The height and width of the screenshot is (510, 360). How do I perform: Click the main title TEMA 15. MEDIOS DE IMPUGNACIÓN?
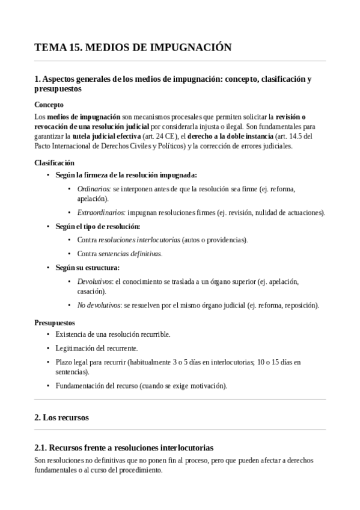pyautogui.click(x=133, y=48)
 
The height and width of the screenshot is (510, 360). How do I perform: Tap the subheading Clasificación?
pyautogui.click(x=54, y=162)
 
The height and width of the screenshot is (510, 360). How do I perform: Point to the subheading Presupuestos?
pyautogui.click(x=55, y=322)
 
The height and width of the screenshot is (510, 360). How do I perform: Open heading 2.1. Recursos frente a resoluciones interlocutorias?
pyautogui.click(x=124, y=448)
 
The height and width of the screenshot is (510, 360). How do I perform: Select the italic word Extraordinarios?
pyautogui.click(x=102, y=212)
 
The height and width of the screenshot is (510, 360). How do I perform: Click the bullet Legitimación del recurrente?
pyautogui.click(x=96, y=348)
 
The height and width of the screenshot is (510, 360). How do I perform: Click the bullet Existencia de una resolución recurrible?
pyautogui.click(x=112, y=334)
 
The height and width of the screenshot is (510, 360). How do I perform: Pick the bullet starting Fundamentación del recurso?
pyautogui.click(x=141, y=386)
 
